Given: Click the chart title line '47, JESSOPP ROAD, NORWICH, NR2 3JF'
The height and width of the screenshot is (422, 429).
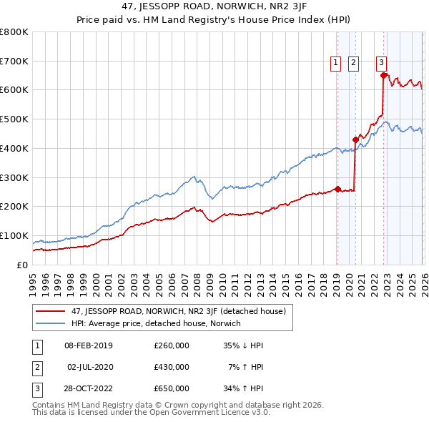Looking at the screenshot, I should pos(214,8).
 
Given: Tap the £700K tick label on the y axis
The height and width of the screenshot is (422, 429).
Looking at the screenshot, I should pos(14,61).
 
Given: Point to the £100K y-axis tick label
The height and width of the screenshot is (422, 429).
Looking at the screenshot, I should pos(14,235).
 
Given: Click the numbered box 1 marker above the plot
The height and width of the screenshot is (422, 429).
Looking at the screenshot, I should pos(336,63).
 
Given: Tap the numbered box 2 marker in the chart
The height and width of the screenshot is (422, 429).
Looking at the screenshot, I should pos(354,63).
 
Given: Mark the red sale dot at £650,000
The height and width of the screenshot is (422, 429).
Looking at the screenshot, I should pos(384,75).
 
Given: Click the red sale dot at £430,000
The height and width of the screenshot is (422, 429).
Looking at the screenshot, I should pos(355,139).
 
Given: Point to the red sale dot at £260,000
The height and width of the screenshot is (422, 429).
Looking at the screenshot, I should pos(337,189).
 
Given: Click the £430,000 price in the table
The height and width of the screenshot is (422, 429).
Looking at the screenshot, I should pos(171,367).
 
